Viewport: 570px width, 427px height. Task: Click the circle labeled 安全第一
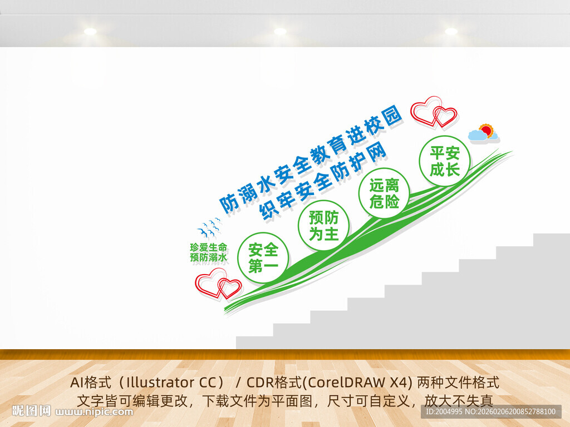(263, 257)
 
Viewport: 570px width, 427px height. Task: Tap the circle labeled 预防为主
(324, 225)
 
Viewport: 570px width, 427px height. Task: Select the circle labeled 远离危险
(384, 193)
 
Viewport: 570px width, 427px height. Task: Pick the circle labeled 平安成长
(444, 161)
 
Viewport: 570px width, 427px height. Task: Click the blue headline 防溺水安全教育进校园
(311, 160)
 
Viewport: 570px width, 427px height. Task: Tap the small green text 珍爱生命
(208, 247)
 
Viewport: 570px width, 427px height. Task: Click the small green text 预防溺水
(208, 257)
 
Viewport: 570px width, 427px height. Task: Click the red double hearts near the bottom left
(218, 284)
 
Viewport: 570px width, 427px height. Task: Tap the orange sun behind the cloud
(487, 130)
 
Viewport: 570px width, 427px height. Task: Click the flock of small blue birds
(209, 227)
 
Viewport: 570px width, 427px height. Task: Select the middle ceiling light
(280, 32)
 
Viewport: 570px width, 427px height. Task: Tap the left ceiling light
(90, 32)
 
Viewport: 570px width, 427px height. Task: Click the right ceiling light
(451, 32)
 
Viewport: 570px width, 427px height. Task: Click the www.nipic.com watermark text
(95, 412)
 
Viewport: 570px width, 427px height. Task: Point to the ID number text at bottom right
(490, 411)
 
